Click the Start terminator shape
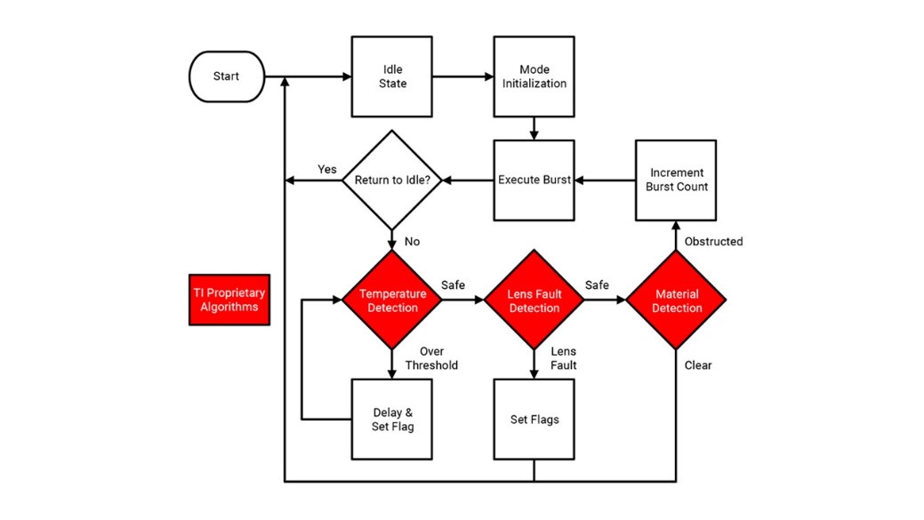click(226, 76)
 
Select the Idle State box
click(392, 76)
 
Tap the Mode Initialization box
click(534, 76)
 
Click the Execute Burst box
click(534, 180)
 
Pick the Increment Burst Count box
click(676, 180)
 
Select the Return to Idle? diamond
click(392, 180)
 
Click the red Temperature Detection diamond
click(392, 300)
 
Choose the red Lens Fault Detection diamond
click(534, 300)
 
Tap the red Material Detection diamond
click(676, 300)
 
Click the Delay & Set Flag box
click(392, 419)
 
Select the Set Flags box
click(534, 419)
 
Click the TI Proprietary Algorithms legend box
click(229, 300)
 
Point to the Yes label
click(328, 170)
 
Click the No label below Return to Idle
click(413, 241)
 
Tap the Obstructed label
click(713, 241)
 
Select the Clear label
click(698, 364)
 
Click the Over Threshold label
click(431, 358)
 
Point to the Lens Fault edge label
click(563, 358)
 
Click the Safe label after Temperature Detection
click(454, 285)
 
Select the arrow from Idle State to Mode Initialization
click(462, 76)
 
